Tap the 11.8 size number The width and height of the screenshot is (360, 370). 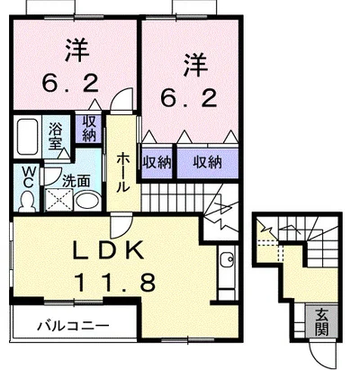(x=115, y=282)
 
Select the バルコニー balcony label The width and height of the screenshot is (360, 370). (x=73, y=326)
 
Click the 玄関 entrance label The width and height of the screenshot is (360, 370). (x=321, y=322)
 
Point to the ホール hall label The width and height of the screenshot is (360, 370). (x=123, y=172)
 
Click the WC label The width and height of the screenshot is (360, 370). (x=28, y=177)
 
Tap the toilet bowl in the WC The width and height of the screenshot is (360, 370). (x=28, y=202)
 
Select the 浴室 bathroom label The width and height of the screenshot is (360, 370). (x=56, y=135)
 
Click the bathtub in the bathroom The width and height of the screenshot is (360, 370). (x=28, y=137)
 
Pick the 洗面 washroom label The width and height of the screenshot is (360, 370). (x=76, y=181)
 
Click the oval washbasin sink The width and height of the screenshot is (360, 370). (x=87, y=201)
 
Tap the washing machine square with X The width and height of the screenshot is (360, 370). (x=58, y=200)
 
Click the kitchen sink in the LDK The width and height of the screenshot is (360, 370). (x=226, y=259)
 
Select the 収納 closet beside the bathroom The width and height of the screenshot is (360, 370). (x=89, y=129)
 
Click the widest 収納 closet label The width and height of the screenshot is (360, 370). (x=207, y=162)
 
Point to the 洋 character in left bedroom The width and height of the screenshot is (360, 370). (x=77, y=51)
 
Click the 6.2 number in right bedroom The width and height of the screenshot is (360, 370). (x=189, y=98)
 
